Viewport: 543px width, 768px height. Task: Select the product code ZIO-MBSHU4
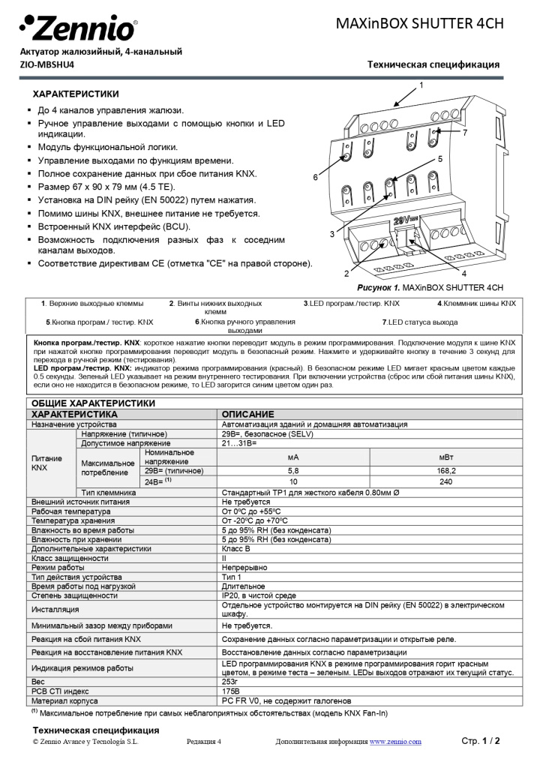coord(47,64)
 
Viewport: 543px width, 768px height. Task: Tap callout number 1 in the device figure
coord(421,85)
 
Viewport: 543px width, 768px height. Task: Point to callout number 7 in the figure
coord(465,133)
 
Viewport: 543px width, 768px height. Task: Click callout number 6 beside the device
coord(316,177)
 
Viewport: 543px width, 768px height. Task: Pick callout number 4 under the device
coord(464,274)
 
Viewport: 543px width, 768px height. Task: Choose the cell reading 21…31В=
coord(239,443)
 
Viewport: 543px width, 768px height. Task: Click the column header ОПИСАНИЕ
coord(247,414)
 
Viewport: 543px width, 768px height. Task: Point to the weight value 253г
coord(230,682)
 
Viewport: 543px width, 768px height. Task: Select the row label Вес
coord(38,682)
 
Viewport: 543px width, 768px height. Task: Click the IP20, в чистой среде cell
coord(259,595)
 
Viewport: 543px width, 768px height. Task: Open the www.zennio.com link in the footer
coord(394,742)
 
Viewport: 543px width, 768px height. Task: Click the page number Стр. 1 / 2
coord(480,741)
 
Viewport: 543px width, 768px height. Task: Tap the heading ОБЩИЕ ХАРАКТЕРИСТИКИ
coord(93,403)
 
